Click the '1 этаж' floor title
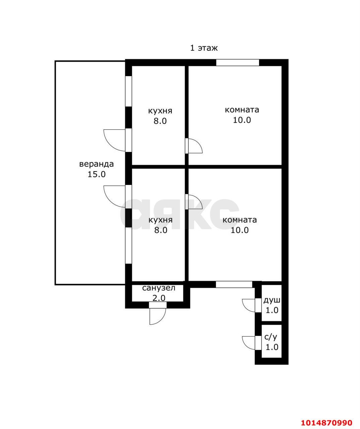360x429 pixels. pyautogui.click(x=203, y=48)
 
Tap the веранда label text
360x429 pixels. pyautogui.click(x=97, y=164)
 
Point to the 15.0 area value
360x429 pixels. pyautogui.click(x=97, y=174)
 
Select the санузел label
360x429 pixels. pyautogui.click(x=159, y=288)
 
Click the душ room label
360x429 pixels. pyautogui.click(x=272, y=301)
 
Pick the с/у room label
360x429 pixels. pyautogui.click(x=271, y=337)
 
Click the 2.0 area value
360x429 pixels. pyautogui.click(x=159, y=298)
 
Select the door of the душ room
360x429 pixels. pyautogui.click(x=252, y=305)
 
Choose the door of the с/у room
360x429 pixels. pyautogui.click(x=252, y=342)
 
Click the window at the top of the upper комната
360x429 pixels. pyautogui.click(x=238, y=63)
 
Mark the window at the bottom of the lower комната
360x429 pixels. pyautogui.click(x=234, y=284)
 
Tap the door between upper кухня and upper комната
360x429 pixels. pyautogui.click(x=193, y=146)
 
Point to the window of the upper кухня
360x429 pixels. pyautogui.click(x=128, y=91)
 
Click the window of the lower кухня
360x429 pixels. pyautogui.click(x=128, y=245)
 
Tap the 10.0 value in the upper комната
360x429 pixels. pyautogui.click(x=242, y=120)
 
